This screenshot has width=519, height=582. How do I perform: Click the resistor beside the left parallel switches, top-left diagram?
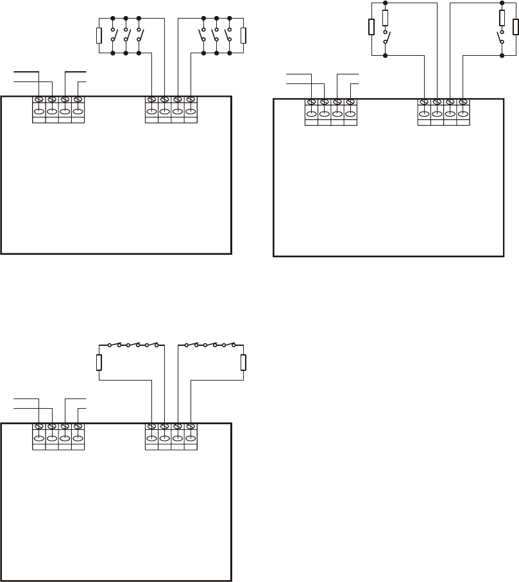[99, 35]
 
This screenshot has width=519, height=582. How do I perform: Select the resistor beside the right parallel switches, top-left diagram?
[243, 35]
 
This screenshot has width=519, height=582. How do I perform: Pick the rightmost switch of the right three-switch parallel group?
[228, 35]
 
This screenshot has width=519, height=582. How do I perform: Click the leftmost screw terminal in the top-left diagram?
[38, 100]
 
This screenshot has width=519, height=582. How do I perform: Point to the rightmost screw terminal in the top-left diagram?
[190, 100]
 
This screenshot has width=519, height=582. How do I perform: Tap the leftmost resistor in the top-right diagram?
[371, 27]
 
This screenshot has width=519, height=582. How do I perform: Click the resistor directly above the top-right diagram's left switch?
[386, 18]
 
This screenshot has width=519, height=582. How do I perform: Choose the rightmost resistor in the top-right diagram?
[515, 27]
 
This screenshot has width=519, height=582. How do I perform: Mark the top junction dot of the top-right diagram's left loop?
[386, 3]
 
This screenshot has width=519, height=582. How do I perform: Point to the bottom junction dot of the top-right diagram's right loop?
[501, 55]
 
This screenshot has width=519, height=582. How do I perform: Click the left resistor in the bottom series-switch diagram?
[99, 363]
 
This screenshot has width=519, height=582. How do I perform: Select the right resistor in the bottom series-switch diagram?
[243, 363]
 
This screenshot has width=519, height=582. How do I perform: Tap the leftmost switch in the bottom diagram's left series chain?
[114, 345]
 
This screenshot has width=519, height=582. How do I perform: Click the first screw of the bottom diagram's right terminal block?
[151, 427]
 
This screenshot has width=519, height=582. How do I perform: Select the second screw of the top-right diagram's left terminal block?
[324, 103]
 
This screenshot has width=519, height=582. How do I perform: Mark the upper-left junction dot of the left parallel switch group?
[113, 17]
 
